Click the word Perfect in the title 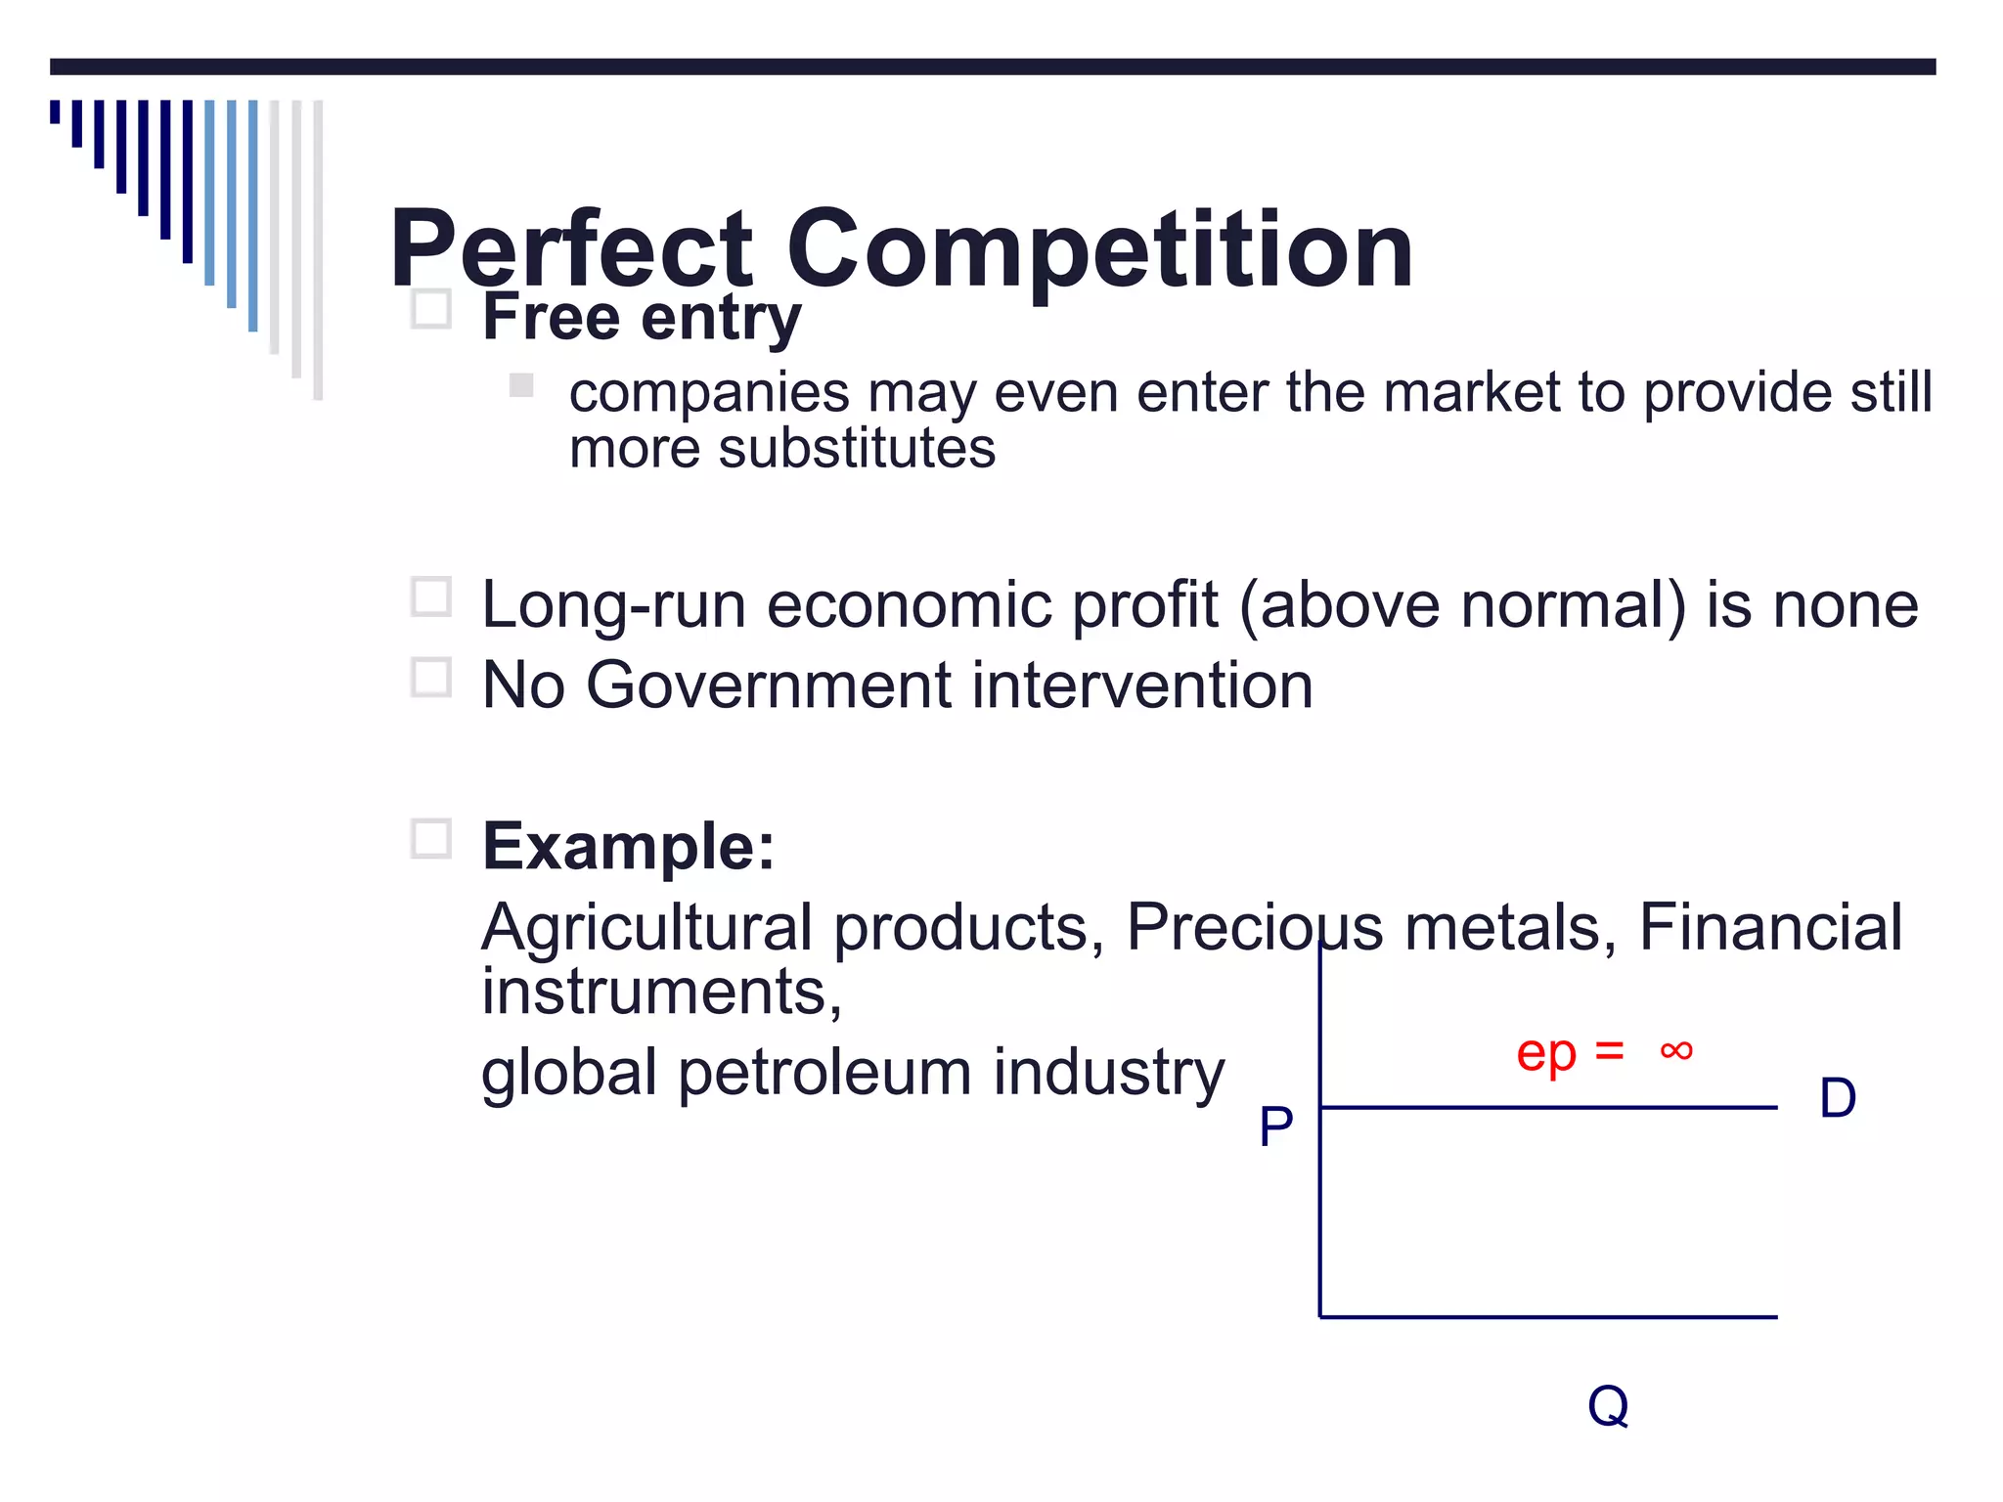[x=572, y=251]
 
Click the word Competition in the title [x=1099, y=251]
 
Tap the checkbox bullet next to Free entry [x=430, y=309]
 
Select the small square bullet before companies [x=521, y=385]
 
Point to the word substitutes [x=857, y=449]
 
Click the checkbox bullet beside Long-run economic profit [x=430, y=596]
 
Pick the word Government [x=769, y=685]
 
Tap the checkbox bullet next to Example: [x=430, y=838]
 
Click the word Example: [x=628, y=846]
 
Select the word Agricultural [x=646, y=927]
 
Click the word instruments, [x=661, y=992]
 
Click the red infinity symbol [x=1675, y=1051]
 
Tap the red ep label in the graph [x=1545, y=1054]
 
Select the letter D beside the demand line [x=1837, y=1098]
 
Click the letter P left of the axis [x=1275, y=1126]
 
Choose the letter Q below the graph [x=1608, y=1406]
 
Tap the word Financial [x=1770, y=927]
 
